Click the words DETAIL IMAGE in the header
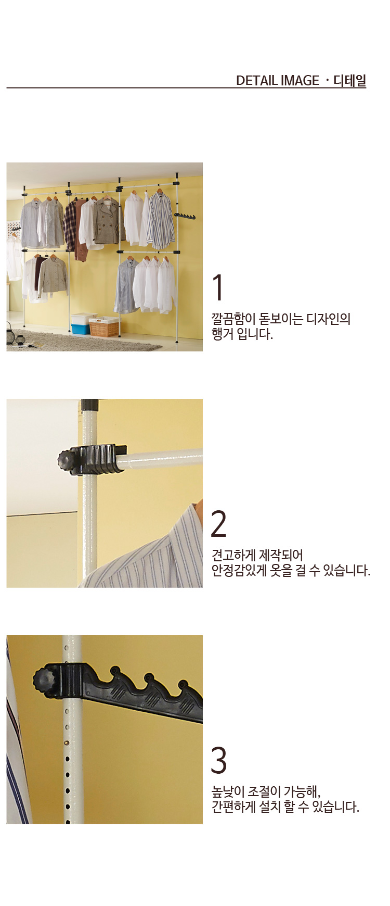click(277, 81)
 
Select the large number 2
click(219, 523)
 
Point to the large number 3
click(219, 760)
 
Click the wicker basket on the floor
click(104, 326)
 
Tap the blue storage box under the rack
click(81, 329)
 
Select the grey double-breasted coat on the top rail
click(107, 221)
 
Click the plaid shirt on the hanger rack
click(69, 225)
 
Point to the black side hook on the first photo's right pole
click(185, 216)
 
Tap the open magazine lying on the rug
click(36, 345)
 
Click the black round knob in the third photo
click(42, 680)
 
